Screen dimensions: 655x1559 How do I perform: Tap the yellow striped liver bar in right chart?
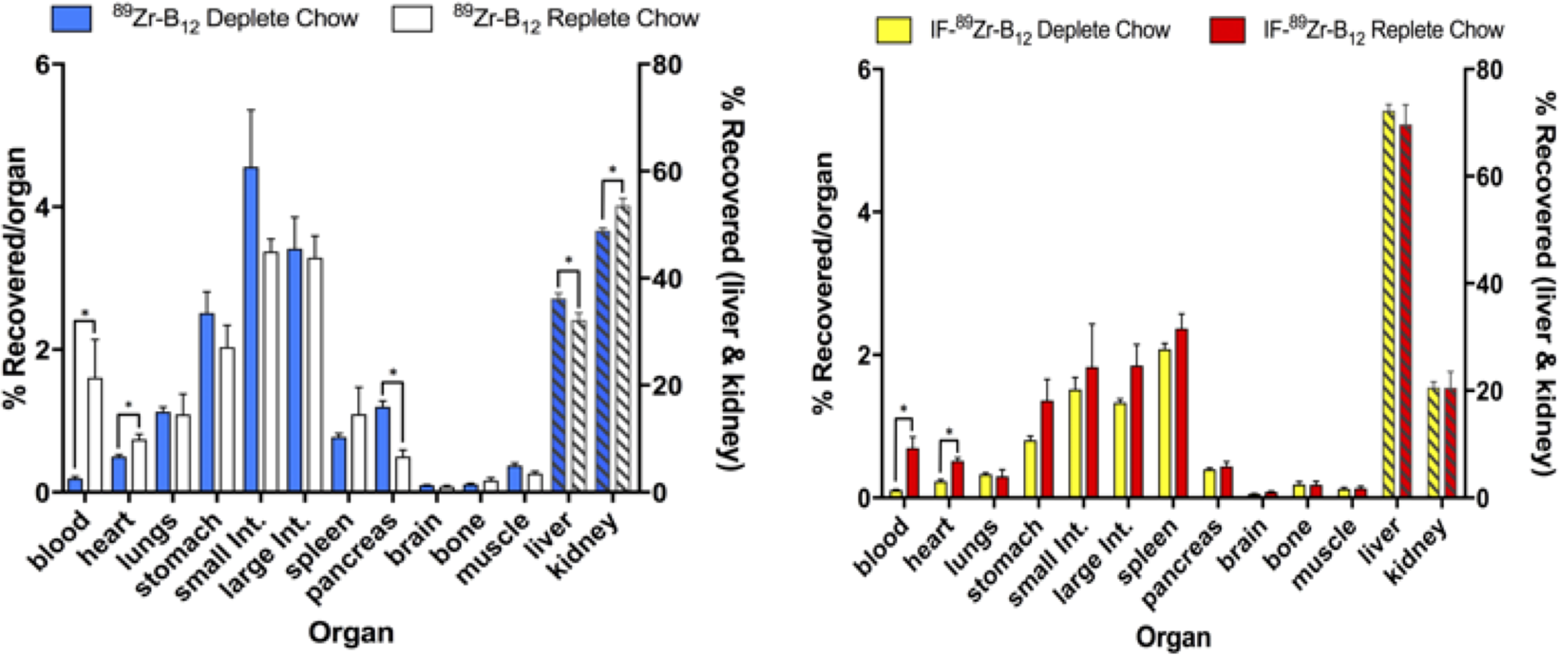(x=1389, y=304)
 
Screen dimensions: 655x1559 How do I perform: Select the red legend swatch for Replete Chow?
(x=1227, y=30)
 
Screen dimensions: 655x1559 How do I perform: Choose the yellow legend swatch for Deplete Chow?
(x=893, y=30)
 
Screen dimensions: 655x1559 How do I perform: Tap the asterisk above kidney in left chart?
(x=613, y=171)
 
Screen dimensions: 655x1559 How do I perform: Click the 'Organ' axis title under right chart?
(x=1175, y=637)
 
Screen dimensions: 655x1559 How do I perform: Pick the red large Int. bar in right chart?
(x=1136, y=432)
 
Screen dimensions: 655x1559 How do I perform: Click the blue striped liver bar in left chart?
(x=560, y=395)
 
